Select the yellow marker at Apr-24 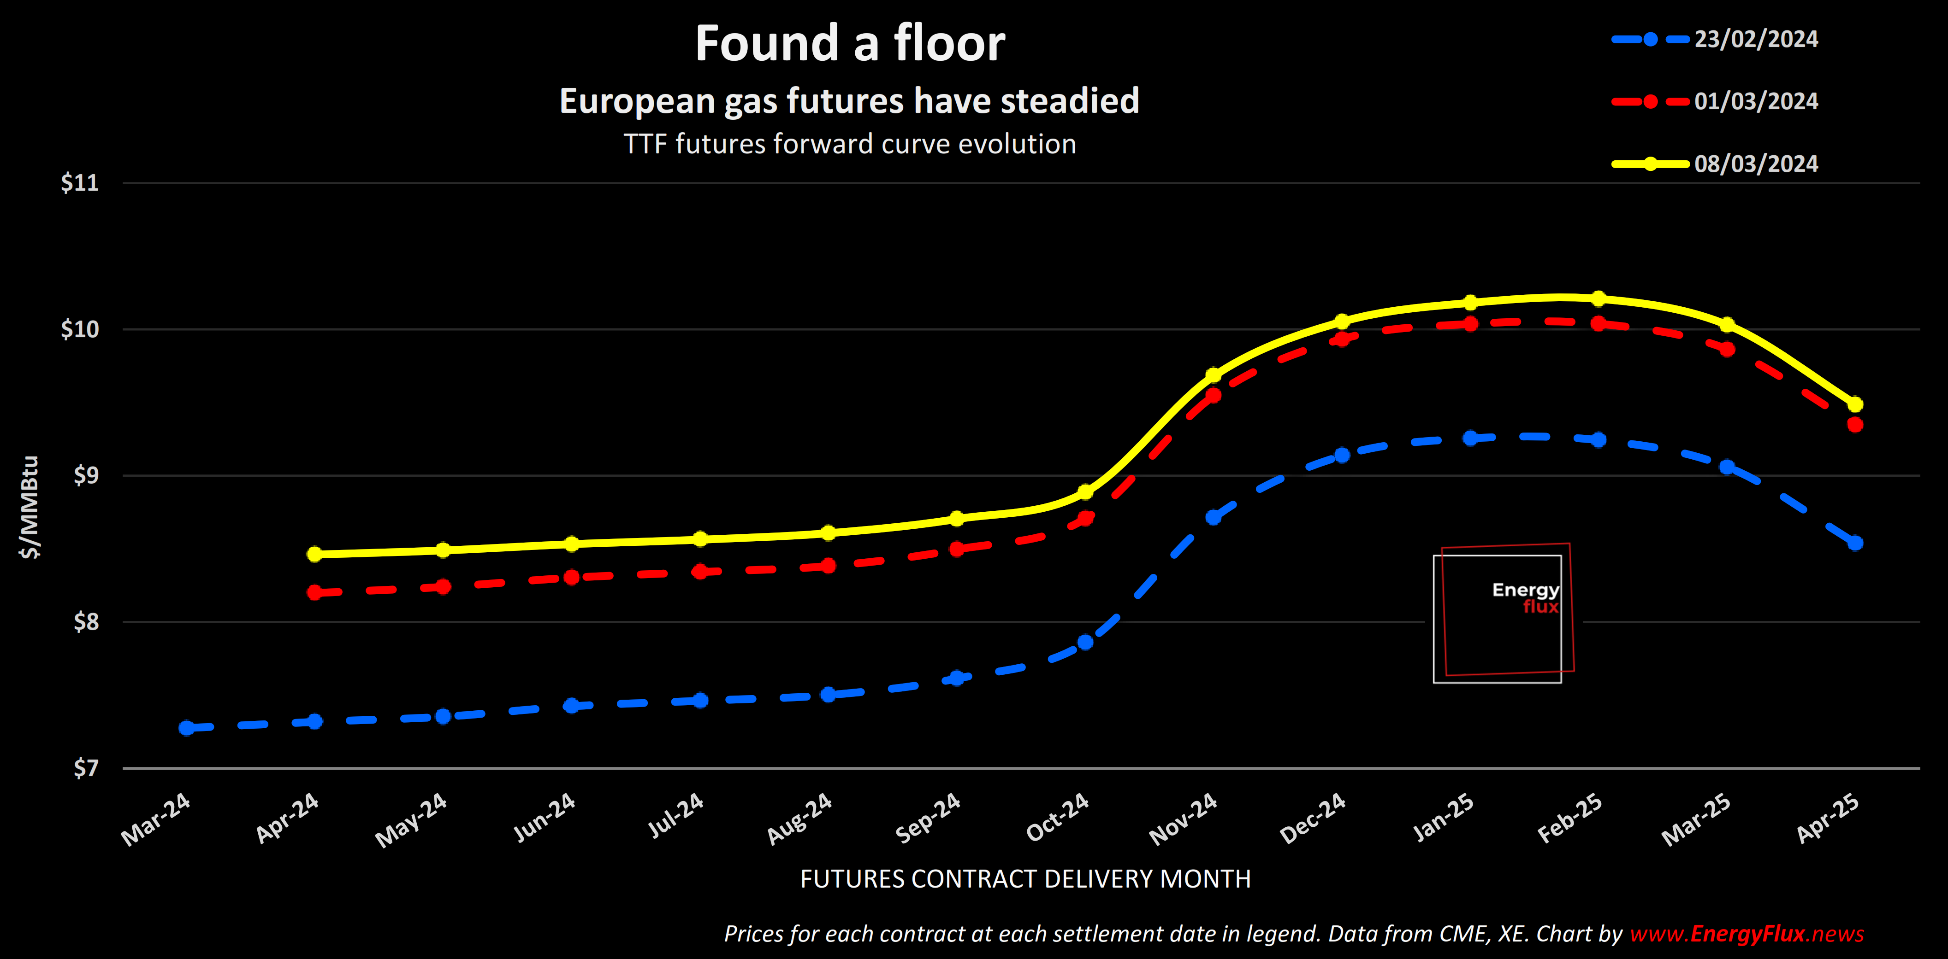pyautogui.click(x=314, y=554)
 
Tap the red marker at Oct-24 pyautogui.click(x=1085, y=518)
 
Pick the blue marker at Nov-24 pyautogui.click(x=1213, y=517)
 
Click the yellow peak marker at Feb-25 pyautogui.click(x=1598, y=298)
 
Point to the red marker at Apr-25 pyautogui.click(x=1854, y=425)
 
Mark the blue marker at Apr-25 pyautogui.click(x=1854, y=543)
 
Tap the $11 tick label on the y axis pyautogui.click(x=79, y=183)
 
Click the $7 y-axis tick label pyautogui.click(x=85, y=769)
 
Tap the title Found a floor pyautogui.click(x=850, y=43)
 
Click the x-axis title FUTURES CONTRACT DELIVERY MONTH pyautogui.click(x=1025, y=879)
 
